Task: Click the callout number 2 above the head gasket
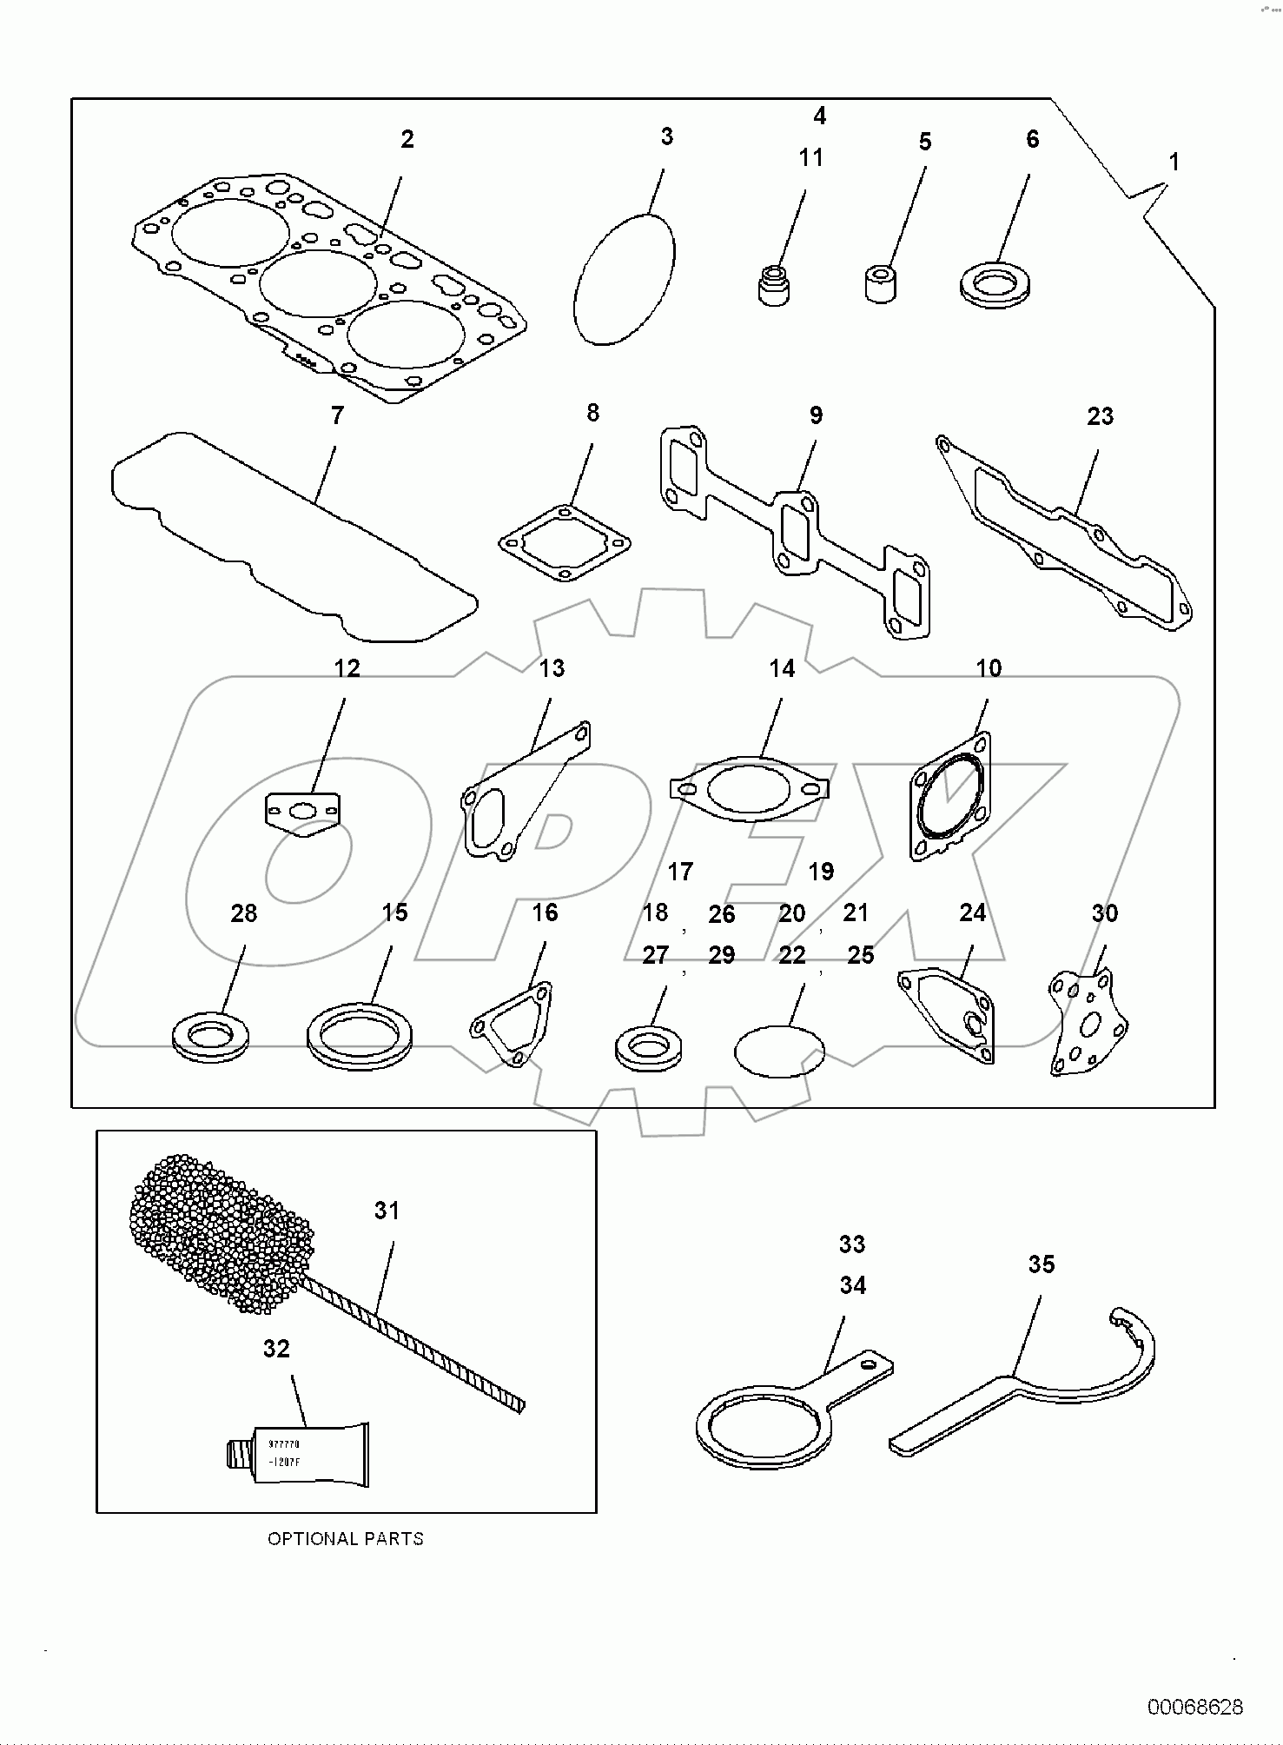[x=407, y=139]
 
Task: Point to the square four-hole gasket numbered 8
[x=565, y=544]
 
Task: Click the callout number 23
[x=1100, y=417]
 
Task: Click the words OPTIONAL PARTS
[x=345, y=1538]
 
